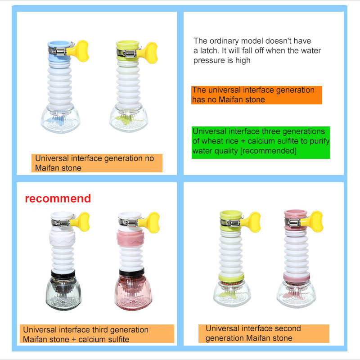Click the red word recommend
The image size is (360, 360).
tap(58, 198)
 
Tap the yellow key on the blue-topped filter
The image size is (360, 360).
tap(79, 51)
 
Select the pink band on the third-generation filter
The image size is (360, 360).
tap(130, 238)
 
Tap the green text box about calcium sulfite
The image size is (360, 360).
tap(261, 142)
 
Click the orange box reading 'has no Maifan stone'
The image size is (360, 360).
tap(256, 95)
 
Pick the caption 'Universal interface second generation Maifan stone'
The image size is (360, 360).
tap(264, 333)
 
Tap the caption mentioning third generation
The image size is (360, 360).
tap(97, 333)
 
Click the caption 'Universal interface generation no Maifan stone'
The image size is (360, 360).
tap(97, 163)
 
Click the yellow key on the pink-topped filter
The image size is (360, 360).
tap(313, 221)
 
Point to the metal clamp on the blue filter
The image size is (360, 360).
tap(58, 51)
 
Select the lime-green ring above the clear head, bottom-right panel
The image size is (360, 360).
tap(231, 277)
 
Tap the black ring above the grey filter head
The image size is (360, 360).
tap(63, 274)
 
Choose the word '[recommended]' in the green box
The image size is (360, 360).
tap(268, 151)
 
